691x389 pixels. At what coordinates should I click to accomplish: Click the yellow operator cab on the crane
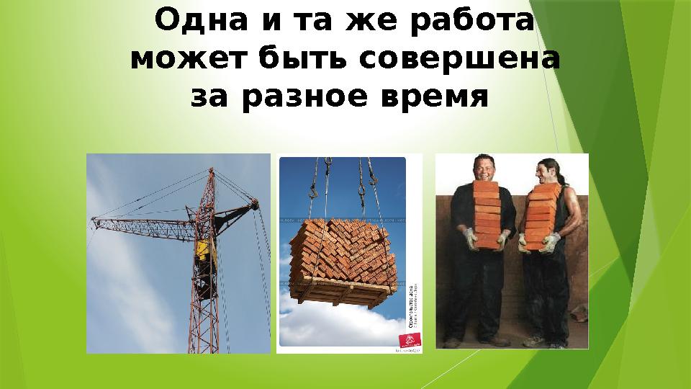(x=203, y=251)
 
